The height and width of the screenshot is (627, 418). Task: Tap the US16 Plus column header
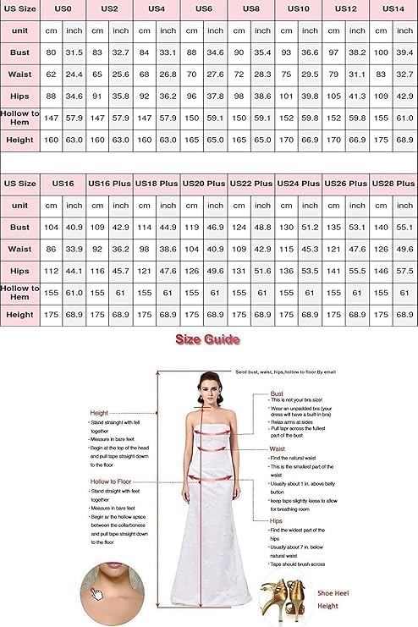[110, 183]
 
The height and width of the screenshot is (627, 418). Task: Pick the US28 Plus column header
[393, 183]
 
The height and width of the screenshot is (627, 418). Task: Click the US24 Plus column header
[299, 183]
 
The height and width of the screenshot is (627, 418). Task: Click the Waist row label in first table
[20, 74]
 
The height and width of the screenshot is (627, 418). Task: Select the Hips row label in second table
[20, 271]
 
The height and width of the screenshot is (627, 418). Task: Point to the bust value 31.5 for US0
[74, 52]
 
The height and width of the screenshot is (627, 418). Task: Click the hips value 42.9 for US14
[404, 96]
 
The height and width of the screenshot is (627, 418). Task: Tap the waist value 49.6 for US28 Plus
[404, 249]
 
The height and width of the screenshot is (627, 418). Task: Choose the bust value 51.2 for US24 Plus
[311, 227]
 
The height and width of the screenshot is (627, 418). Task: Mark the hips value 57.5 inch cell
[404, 271]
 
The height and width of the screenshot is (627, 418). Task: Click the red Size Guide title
[207, 339]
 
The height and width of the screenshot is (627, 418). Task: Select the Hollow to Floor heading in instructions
[113, 481]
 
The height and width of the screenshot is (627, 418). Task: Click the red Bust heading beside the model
[277, 393]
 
